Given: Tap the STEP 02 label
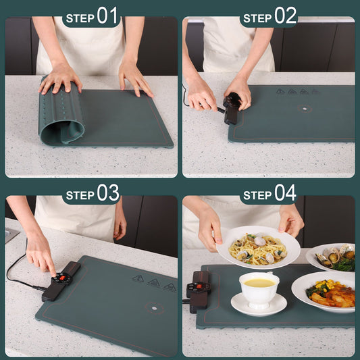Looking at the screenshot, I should pos(269,16).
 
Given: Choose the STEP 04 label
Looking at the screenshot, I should pos(269,195).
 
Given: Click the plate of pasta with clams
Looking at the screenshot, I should pos(258,247).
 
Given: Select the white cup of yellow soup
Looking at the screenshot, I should pos(259,288).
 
